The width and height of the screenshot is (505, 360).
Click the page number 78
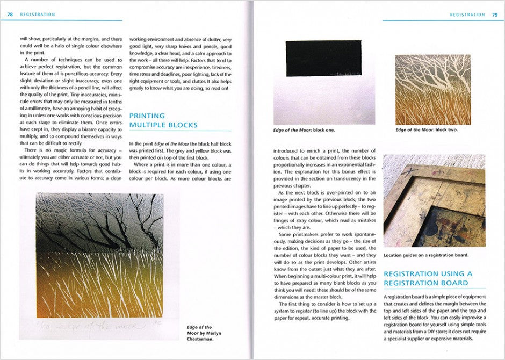tap(10, 15)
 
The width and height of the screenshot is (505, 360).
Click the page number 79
tap(494, 15)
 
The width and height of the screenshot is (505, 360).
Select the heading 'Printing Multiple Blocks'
tap(163, 120)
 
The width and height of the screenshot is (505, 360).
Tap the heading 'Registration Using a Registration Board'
tap(429, 278)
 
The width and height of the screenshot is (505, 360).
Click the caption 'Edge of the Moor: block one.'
tap(304, 130)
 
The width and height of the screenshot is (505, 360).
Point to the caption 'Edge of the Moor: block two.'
tap(427, 130)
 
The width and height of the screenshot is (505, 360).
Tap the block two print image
tap(432, 90)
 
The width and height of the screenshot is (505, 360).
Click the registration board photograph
tap(434, 200)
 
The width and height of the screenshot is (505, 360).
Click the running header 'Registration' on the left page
tap(37, 15)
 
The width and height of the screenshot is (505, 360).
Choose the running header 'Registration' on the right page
tap(467, 15)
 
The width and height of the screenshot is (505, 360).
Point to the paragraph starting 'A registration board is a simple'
tap(434, 318)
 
